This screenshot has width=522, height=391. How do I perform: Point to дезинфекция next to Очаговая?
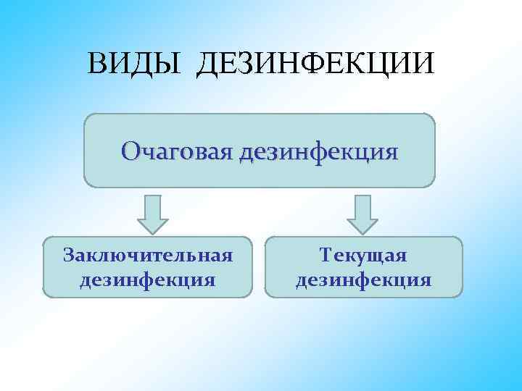tap(318, 152)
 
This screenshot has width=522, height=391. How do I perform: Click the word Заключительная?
tap(148, 256)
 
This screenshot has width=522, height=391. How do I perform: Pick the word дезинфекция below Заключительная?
tap(148, 279)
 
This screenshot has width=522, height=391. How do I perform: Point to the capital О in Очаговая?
tap(132, 152)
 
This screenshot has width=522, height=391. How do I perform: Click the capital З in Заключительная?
tap(70, 256)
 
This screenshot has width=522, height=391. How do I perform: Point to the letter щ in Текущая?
tap(373, 256)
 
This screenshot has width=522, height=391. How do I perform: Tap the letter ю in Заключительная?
tap(115, 256)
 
